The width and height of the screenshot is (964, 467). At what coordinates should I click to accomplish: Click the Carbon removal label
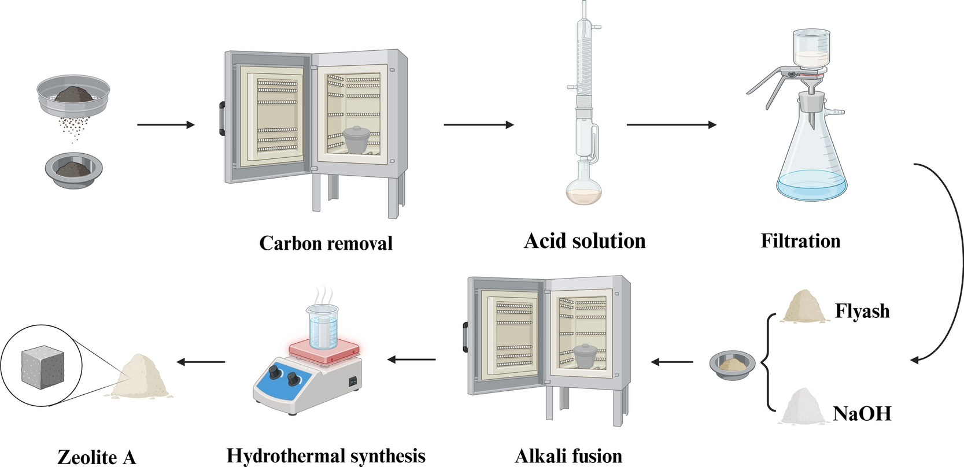pyautogui.click(x=326, y=243)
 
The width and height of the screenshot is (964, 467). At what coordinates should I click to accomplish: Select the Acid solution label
pyautogui.click(x=584, y=241)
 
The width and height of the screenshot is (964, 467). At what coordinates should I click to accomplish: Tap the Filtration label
pyautogui.click(x=800, y=241)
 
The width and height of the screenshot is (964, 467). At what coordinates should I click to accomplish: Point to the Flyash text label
pyautogui.click(x=862, y=312)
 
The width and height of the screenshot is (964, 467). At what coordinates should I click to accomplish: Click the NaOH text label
pyautogui.click(x=862, y=414)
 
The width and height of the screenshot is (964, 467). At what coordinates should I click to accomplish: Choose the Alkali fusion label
pyautogui.click(x=568, y=456)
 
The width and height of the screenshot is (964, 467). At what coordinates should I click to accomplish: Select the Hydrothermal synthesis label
pyautogui.click(x=326, y=456)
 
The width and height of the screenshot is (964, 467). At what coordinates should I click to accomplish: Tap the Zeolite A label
pyautogui.click(x=97, y=457)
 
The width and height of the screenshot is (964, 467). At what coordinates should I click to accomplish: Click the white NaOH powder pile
pyautogui.click(x=803, y=407)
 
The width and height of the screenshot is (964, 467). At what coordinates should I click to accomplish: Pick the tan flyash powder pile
pyautogui.click(x=803, y=307)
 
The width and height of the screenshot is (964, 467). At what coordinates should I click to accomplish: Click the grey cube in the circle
pyautogui.click(x=41, y=366)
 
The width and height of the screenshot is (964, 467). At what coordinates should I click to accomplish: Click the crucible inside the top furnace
pyautogui.click(x=357, y=140)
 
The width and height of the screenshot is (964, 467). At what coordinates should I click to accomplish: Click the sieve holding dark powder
pyautogui.click(x=73, y=93)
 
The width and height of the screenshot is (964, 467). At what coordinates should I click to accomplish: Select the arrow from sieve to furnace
pyautogui.click(x=166, y=125)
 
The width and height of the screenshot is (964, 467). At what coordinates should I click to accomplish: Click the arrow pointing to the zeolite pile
pyautogui.click(x=201, y=362)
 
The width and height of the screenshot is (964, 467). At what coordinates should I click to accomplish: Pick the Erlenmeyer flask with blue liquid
pyautogui.click(x=811, y=168)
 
